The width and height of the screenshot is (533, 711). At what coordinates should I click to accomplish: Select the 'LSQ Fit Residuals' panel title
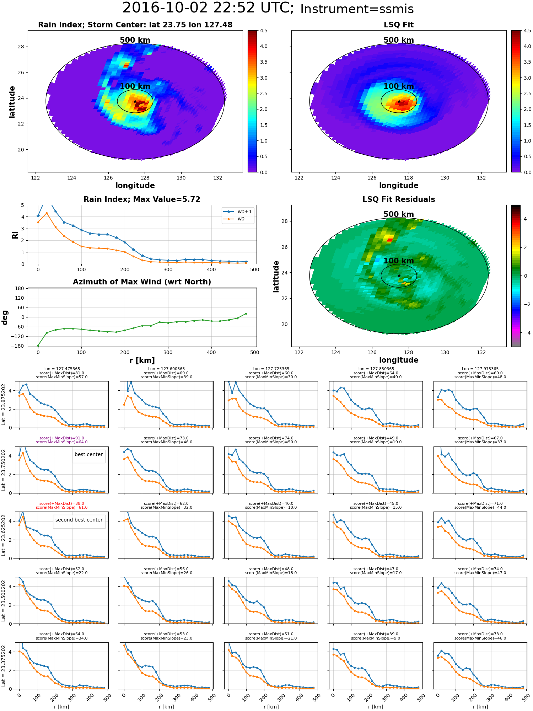399,199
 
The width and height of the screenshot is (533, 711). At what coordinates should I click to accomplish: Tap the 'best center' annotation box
88,454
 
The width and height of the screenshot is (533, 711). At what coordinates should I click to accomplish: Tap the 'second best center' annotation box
79,520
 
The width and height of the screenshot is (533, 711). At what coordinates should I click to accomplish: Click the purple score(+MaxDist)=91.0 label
61,438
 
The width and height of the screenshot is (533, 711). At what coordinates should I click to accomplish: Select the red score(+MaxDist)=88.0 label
61,503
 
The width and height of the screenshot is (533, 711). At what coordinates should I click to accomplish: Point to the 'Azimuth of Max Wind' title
142,282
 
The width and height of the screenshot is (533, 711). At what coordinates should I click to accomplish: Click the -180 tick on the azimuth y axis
18,346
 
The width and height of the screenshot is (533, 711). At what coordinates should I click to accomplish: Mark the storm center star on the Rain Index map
135,101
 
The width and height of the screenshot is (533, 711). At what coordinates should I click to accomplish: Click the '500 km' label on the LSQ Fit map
399,40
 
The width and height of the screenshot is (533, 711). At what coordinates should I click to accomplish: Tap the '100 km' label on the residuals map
399,261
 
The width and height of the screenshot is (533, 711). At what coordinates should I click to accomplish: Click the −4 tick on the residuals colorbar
525,333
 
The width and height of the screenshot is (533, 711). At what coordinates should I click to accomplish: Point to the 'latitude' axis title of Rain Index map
12,102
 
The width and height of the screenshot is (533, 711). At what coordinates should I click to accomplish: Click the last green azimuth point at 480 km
246,314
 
